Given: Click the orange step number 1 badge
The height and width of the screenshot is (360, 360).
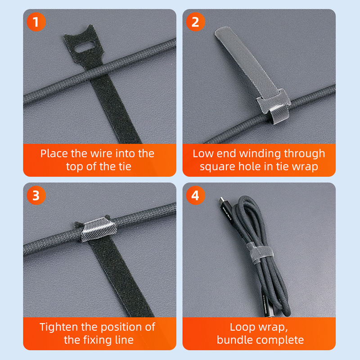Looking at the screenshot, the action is [36, 22].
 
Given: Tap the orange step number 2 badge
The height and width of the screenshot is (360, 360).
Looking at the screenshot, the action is [195, 22].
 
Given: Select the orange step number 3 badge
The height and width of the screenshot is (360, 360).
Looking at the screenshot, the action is [36, 195].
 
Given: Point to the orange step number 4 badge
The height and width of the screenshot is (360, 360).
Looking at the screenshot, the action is [195, 195].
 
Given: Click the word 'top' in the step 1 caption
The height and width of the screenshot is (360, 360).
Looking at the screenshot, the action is [75, 167].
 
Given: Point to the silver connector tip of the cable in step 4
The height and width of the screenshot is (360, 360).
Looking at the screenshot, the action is [221, 199].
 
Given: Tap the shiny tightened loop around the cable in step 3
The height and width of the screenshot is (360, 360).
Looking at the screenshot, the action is [99, 229].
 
